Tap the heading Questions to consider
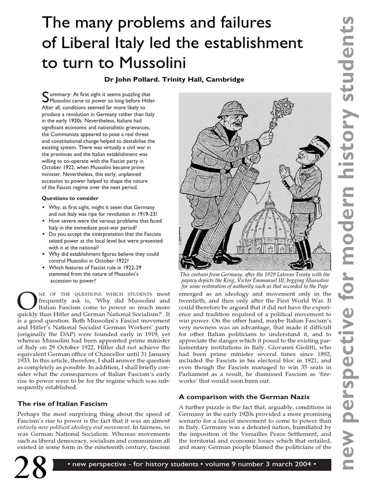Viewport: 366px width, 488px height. click(70, 198)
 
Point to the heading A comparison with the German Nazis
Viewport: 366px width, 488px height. click(244, 396)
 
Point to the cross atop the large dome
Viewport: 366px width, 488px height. click(269, 196)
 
